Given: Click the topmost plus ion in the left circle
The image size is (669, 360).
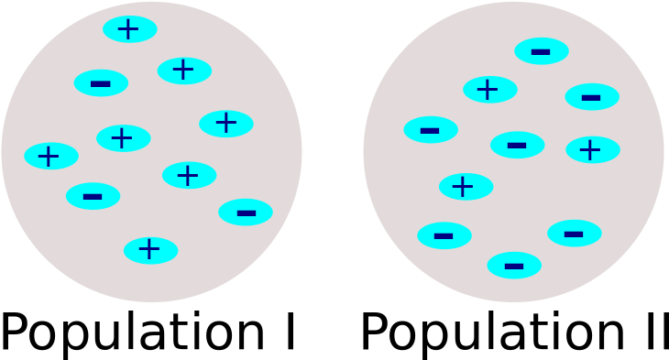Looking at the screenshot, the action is (x=129, y=29).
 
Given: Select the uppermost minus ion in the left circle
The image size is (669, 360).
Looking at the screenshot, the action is (x=101, y=83).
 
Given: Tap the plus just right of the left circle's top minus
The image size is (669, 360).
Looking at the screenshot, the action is (x=184, y=71).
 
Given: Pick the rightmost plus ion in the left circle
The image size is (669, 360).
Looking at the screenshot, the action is (x=226, y=124).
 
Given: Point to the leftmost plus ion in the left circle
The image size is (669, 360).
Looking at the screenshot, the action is (x=51, y=156).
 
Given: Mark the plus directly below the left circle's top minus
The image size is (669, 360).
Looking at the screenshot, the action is (x=124, y=138).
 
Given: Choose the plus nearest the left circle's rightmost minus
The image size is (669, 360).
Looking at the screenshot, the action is (x=190, y=175).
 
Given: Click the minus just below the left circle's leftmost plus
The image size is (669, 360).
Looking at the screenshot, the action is (x=93, y=196).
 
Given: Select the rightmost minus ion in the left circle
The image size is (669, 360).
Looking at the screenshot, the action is (x=246, y=213).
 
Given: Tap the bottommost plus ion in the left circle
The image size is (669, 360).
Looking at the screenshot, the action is (x=151, y=250).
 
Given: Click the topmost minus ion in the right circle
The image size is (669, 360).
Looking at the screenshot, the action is (x=542, y=51).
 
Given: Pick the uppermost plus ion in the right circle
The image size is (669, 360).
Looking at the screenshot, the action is (x=490, y=90).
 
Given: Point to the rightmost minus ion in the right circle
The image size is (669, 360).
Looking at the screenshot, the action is (x=592, y=97).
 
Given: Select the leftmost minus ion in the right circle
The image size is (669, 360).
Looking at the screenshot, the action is (x=431, y=130).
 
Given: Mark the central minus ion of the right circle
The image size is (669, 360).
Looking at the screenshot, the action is (x=518, y=145).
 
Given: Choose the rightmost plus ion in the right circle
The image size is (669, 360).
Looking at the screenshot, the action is (x=593, y=149).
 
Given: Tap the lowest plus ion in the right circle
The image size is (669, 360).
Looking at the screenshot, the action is (x=466, y=187).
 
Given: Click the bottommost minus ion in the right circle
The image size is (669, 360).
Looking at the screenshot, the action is (x=514, y=266).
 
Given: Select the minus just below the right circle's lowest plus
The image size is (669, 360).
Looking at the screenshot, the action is (x=444, y=235).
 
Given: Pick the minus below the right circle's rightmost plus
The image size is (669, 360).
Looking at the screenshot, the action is (x=575, y=234).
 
